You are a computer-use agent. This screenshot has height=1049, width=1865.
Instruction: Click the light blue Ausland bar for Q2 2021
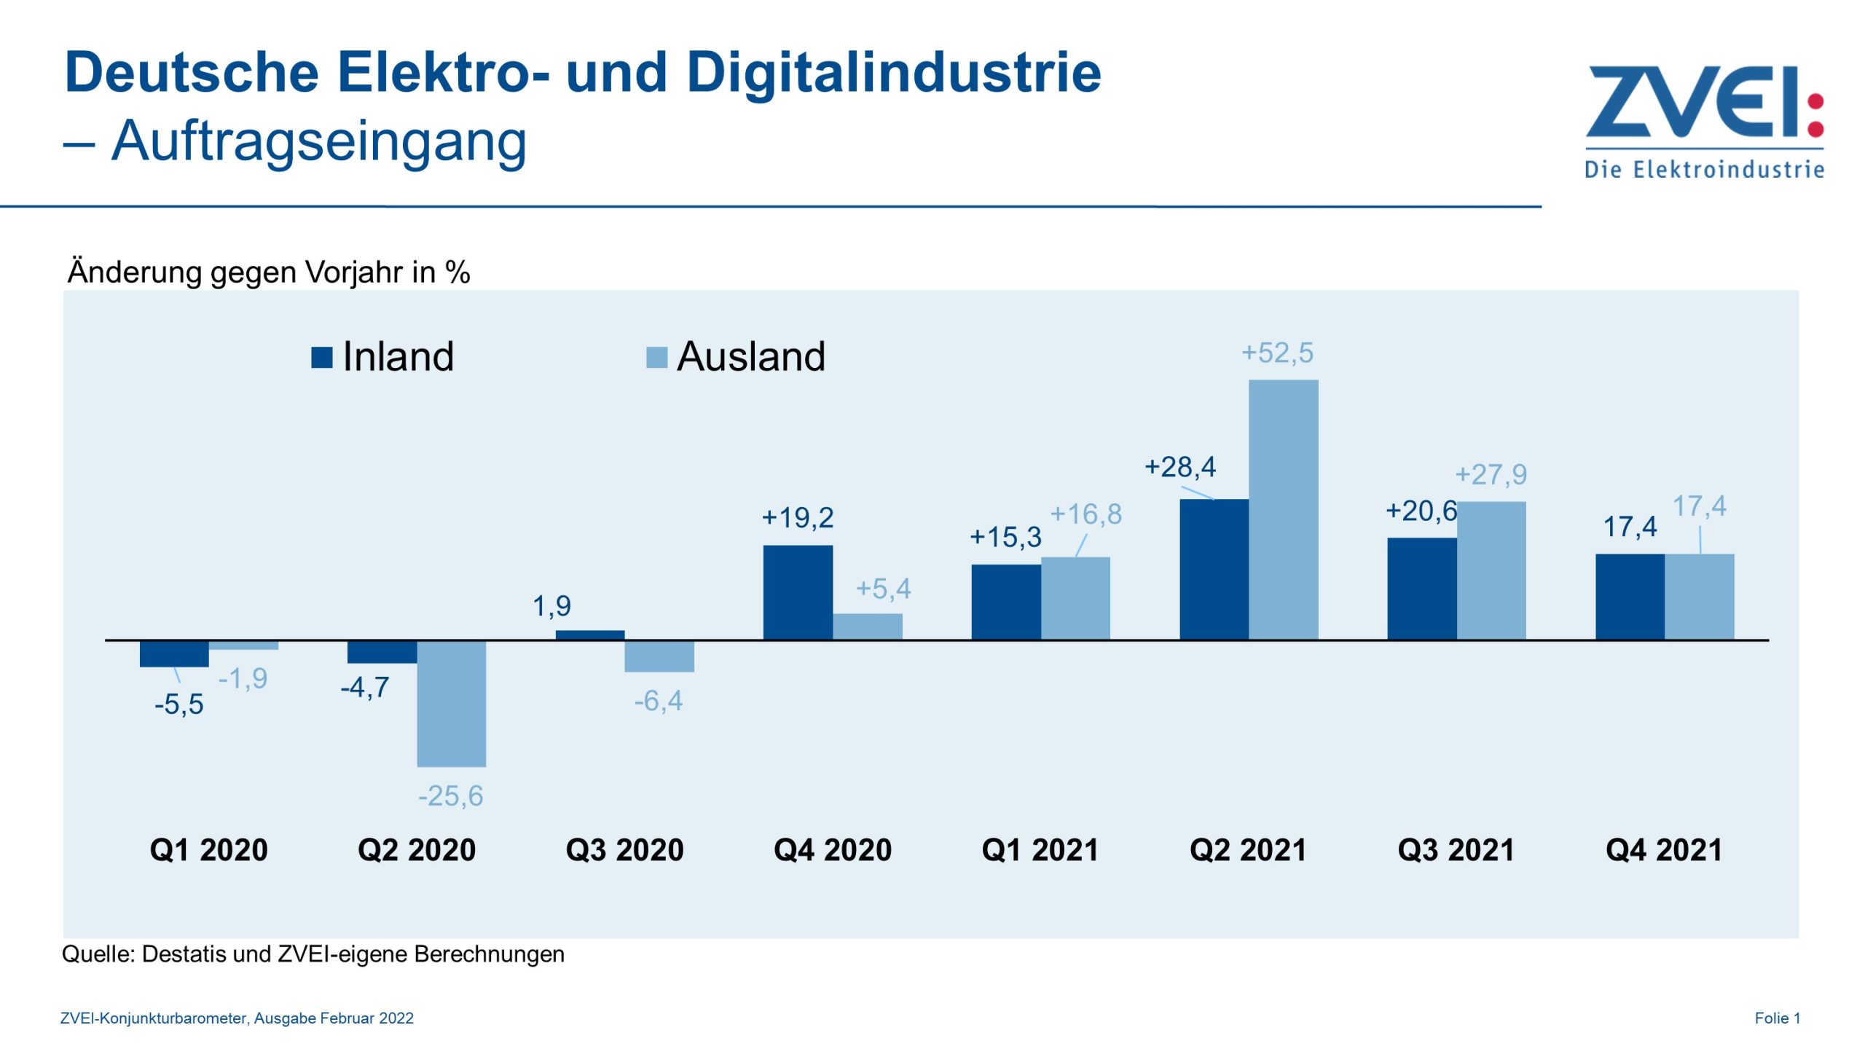coord(1283,510)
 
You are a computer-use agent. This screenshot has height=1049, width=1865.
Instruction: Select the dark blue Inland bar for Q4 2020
coord(798,592)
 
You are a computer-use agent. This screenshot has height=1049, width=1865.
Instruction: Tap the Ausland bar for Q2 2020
coord(451,704)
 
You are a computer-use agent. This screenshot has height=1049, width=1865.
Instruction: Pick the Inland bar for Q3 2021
coord(1421,589)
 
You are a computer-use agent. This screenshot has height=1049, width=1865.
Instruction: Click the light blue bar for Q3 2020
coord(659,656)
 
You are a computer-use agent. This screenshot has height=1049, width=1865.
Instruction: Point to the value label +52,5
coord(1277,353)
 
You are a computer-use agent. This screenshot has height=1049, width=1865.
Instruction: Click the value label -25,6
coord(450,796)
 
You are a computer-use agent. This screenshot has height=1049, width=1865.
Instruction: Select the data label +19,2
coord(797,518)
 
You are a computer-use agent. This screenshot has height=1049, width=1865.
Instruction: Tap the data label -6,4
coord(658,702)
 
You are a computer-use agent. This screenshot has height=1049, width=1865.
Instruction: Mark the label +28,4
coord(1179,467)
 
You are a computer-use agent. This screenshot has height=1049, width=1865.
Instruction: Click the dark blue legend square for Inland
coord(321,358)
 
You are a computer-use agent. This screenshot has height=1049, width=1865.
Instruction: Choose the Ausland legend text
coord(750,357)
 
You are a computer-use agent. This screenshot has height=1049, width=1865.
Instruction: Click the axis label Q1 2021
coord(1040,850)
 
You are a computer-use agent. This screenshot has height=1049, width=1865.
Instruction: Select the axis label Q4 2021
coord(1664,850)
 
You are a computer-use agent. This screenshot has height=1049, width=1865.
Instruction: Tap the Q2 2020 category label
coord(416,850)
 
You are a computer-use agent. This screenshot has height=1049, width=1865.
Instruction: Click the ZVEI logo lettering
coord(1690,102)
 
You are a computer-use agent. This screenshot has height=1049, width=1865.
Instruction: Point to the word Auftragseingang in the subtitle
coord(318,141)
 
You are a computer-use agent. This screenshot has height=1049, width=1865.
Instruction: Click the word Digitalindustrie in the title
coord(893,73)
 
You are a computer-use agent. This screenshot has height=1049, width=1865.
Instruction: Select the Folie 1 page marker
coord(1777,1018)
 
